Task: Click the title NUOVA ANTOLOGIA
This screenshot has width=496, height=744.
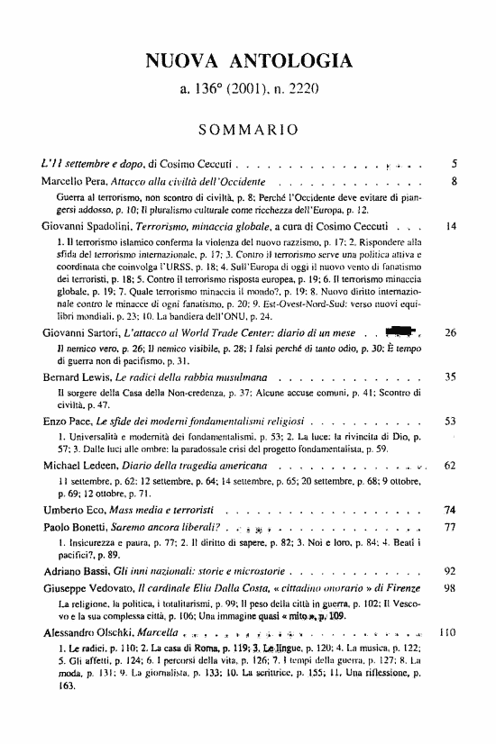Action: point(248,61)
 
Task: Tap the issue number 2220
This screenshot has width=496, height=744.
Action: point(321,91)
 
